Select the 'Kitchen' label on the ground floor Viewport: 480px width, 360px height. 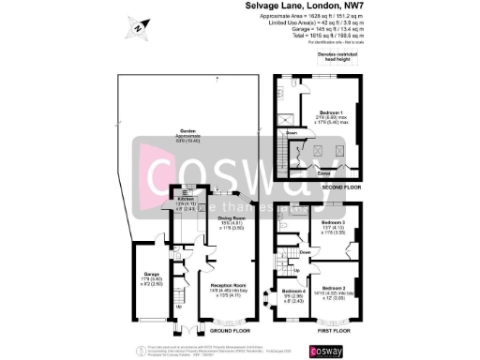[185, 200]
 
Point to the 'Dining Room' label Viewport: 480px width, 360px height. [232, 219]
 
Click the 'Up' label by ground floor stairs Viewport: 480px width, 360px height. [178, 306]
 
